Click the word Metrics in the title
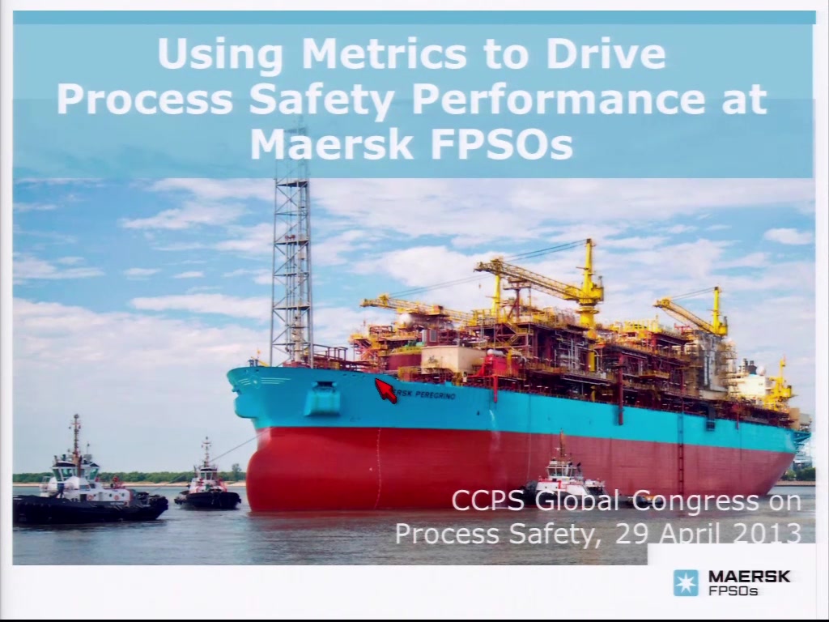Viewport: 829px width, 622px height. click(x=385, y=53)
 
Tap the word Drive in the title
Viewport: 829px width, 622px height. click(x=606, y=53)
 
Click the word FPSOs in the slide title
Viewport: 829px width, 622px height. click(x=502, y=144)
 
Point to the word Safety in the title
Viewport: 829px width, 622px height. click(x=321, y=100)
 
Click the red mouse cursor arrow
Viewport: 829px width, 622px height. click(x=386, y=391)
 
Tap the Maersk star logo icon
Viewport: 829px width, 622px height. click(x=686, y=583)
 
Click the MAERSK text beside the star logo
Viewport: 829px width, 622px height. click(x=749, y=577)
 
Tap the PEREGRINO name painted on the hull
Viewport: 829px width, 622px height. click(x=435, y=394)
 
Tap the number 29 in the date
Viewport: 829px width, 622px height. click(x=632, y=533)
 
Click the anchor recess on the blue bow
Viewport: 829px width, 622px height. click(x=322, y=398)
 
